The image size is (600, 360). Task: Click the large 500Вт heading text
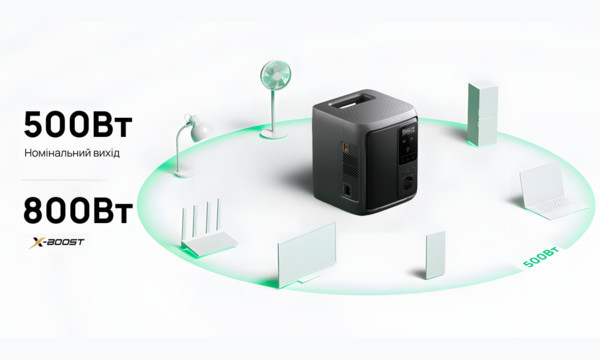(78, 125)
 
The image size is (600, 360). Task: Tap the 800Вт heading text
(78, 211)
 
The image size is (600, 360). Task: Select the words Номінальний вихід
(72, 153)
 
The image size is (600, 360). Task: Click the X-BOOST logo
(57, 242)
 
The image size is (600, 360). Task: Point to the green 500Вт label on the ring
(541, 257)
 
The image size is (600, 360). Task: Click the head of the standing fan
(276, 75)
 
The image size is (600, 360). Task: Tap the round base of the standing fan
(273, 134)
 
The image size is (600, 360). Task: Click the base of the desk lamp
(183, 174)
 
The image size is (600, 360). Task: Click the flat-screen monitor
(306, 254)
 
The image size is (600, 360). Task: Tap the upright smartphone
(435, 255)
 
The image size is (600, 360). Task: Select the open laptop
(551, 192)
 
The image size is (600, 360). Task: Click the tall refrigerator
(483, 114)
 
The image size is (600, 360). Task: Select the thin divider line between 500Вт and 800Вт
(64, 179)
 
